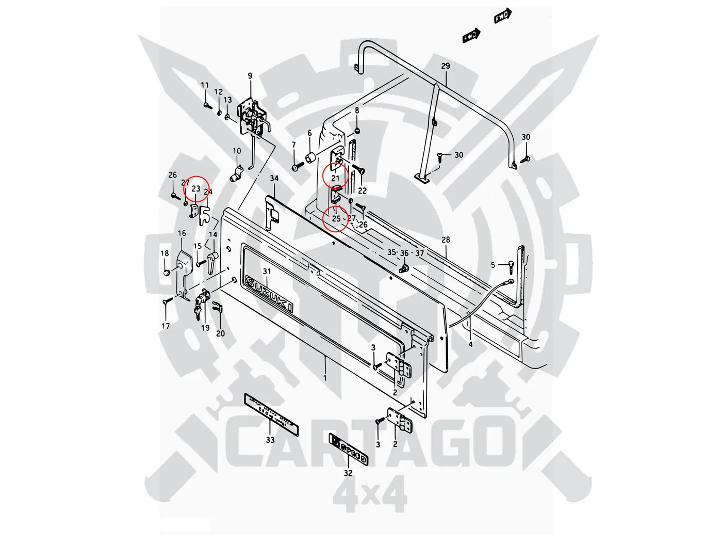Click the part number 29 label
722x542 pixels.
(x=446, y=66)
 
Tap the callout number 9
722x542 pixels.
(x=250, y=76)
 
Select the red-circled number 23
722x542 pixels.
(x=195, y=189)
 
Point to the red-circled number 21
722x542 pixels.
(x=336, y=179)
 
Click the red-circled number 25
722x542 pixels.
(x=336, y=219)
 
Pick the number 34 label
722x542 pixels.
(x=274, y=179)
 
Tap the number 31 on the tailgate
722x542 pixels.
(x=267, y=272)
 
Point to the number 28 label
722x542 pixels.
(x=446, y=240)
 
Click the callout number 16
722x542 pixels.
(x=182, y=233)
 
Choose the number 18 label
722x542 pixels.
(x=165, y=253)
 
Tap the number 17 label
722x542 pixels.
(x=166, y=326)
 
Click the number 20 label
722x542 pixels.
(x=220, y=333)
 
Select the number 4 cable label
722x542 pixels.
(x=470, y=343)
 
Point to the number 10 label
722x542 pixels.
(x=237, y=151)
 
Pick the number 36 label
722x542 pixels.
(x=404, y=253)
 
